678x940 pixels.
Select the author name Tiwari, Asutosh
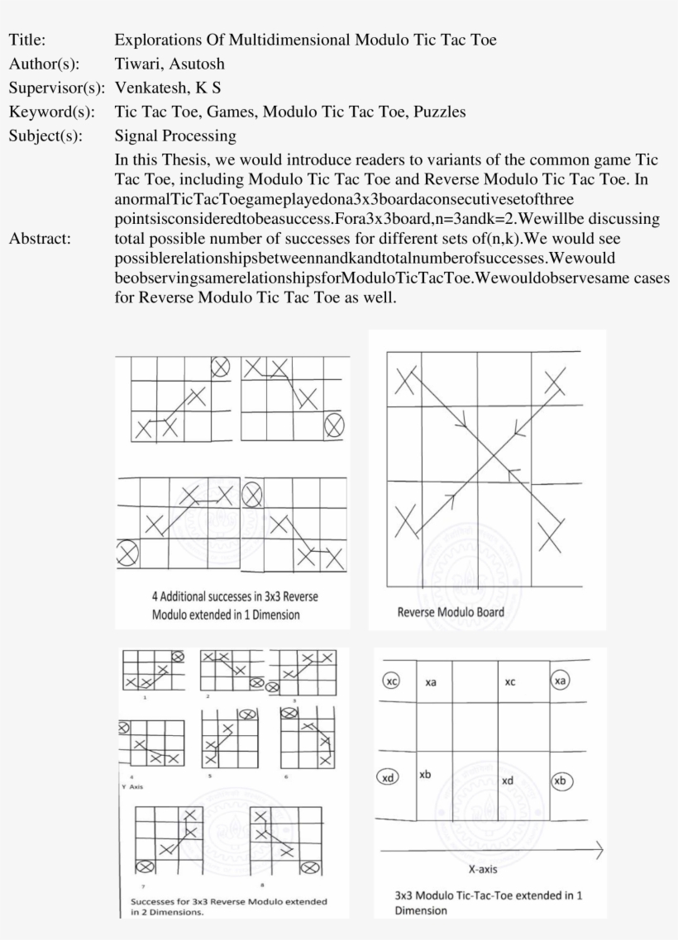(x=169, y=63)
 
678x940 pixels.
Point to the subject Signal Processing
(x=175, y=135)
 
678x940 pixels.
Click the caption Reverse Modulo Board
(x=450, y=612)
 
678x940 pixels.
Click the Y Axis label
(x=131, y=787)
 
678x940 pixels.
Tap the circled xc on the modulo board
(x=392, y=681)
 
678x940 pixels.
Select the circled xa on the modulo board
(x=561, y=681)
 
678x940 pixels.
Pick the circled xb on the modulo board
(x=561, y=781)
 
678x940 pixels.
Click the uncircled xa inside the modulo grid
(x=431, y=683)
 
